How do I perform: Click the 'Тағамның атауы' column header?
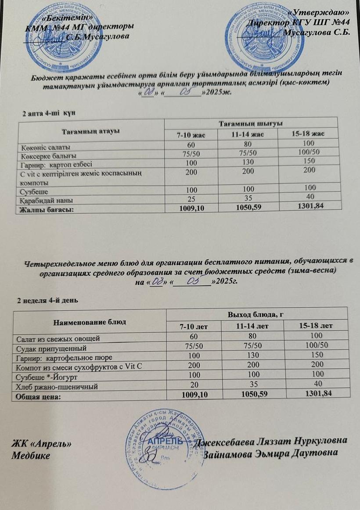(91, 131)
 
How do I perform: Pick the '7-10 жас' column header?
(190, 134)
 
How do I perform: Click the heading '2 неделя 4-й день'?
(47, 301)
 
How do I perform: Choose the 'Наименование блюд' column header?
(90, 322)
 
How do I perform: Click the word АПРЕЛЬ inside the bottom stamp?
(166, 440)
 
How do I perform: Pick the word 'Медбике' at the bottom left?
(31, 455)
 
